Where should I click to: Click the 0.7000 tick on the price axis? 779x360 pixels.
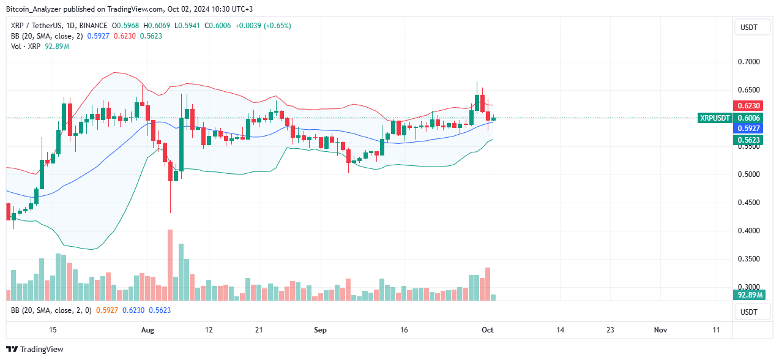pos(748,62)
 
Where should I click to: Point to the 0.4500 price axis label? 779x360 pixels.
pos(748,203)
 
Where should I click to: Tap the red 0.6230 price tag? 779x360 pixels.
pos(748,106)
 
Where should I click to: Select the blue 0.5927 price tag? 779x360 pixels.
pos(748,129)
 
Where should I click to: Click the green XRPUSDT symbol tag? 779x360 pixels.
pos(715,118)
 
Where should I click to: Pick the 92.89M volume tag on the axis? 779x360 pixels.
pos(749,295)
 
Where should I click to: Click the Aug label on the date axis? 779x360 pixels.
pos(147,330)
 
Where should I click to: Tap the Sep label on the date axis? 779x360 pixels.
pos(320,330)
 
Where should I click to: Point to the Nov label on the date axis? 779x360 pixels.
pos(660,330)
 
